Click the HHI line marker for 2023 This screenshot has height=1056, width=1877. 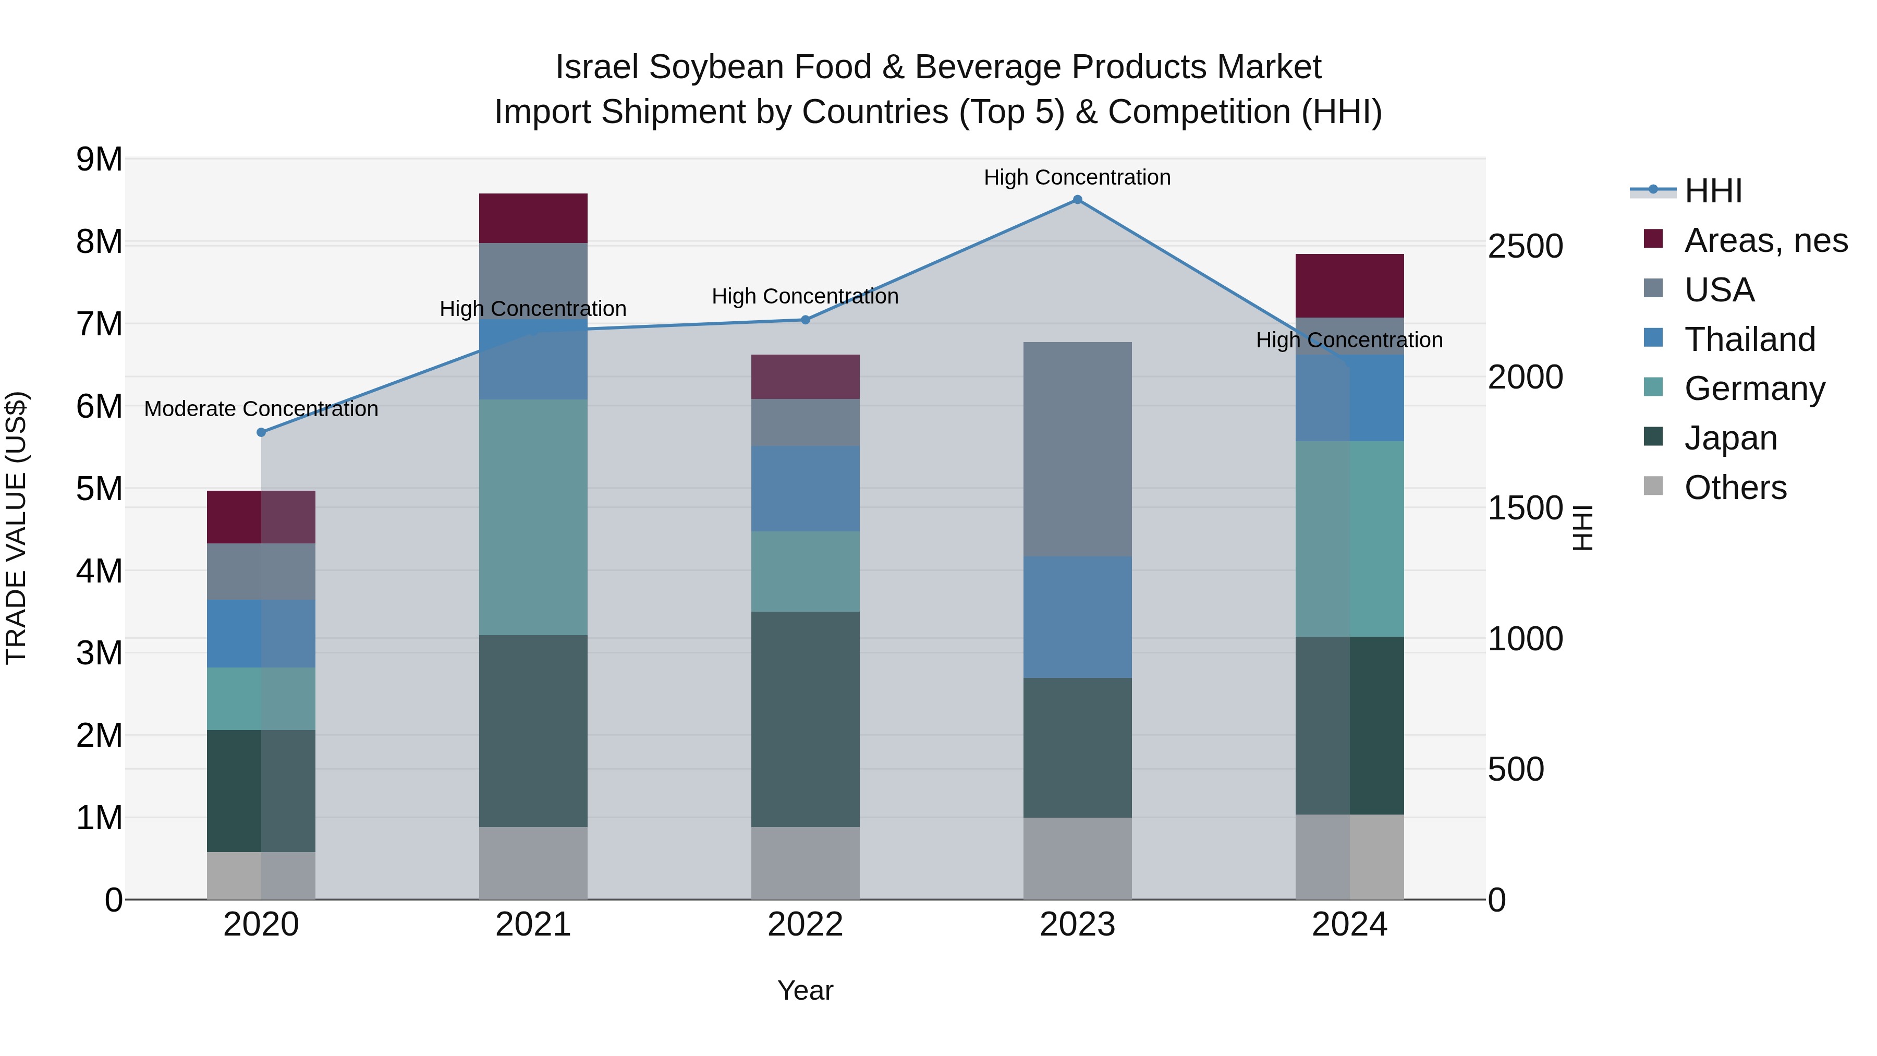(1077, 200)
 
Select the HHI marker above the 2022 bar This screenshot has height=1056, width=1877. (805, 320)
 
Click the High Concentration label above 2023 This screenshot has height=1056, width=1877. (1077, 177)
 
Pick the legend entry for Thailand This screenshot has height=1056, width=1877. (1749, 339)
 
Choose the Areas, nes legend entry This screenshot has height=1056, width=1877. (1765, 240)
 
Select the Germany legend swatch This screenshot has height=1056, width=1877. (1653, 387)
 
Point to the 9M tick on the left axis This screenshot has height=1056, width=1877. (99, 159)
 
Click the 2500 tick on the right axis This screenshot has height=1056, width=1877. (1525, 246)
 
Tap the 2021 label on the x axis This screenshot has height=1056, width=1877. (533, 925)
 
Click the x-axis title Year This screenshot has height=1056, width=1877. (805, 990)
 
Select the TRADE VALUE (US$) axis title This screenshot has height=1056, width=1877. (16, 528)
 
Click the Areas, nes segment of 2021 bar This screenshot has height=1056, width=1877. (533, 218)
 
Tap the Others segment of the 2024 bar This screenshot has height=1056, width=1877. (1349, 856)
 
